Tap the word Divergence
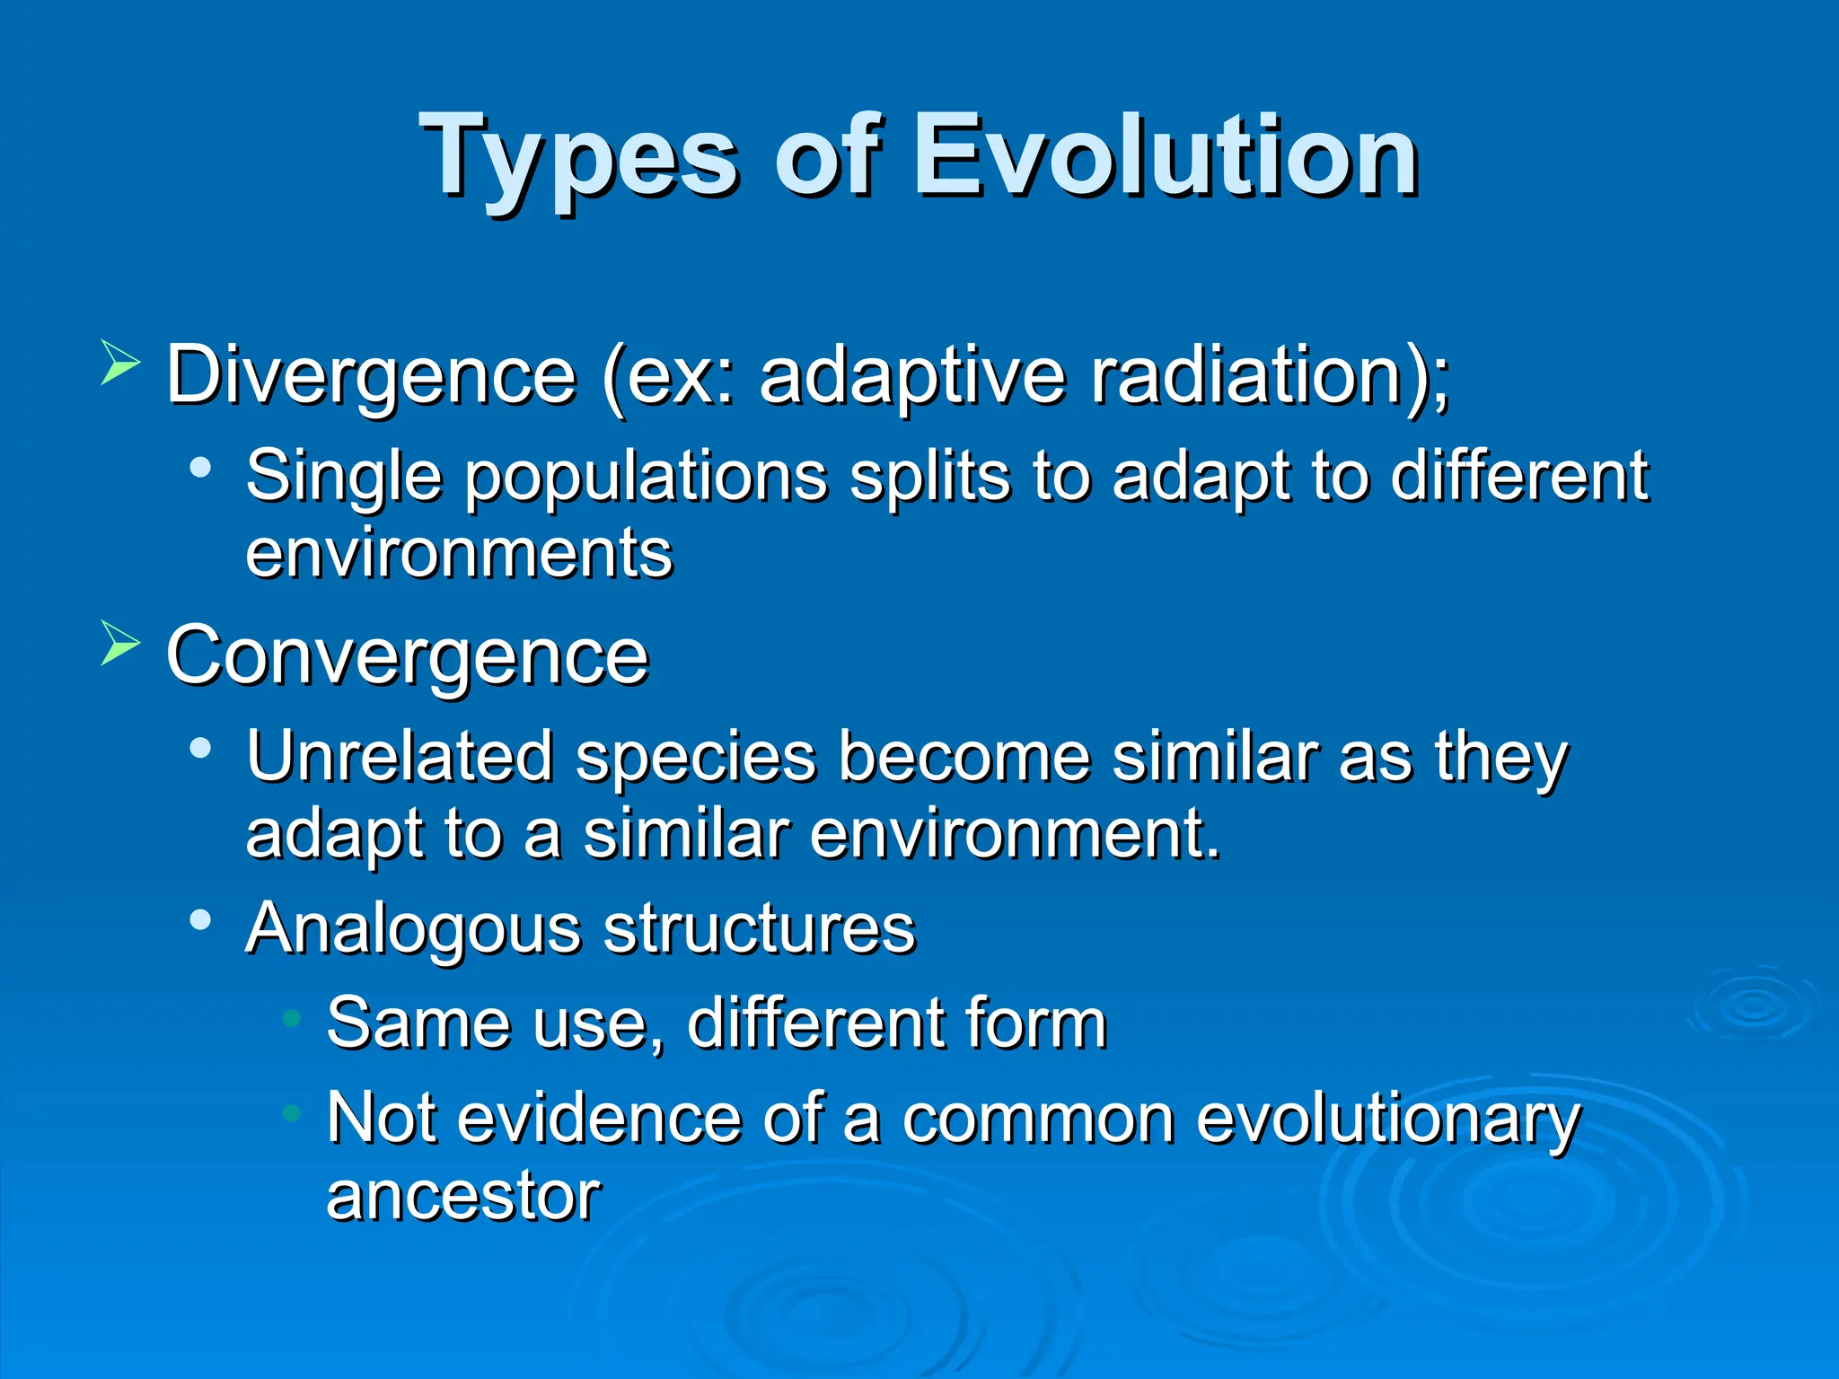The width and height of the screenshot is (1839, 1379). click(371, 375)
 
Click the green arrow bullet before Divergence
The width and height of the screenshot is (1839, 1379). click(120, 362)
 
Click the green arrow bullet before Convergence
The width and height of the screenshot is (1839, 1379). click(120, 642)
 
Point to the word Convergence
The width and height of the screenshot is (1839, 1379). click(407, 656)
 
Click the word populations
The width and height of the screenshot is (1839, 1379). click(646, 475)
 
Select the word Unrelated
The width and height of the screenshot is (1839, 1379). click(400, 756)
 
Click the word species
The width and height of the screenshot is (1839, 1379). click(696, 758)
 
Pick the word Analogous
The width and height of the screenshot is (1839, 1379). click(413, 928)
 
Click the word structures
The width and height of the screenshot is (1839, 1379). click(760, 928)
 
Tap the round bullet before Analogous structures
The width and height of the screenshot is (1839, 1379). click(200, 919)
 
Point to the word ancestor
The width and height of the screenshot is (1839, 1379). click(463, 1196)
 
